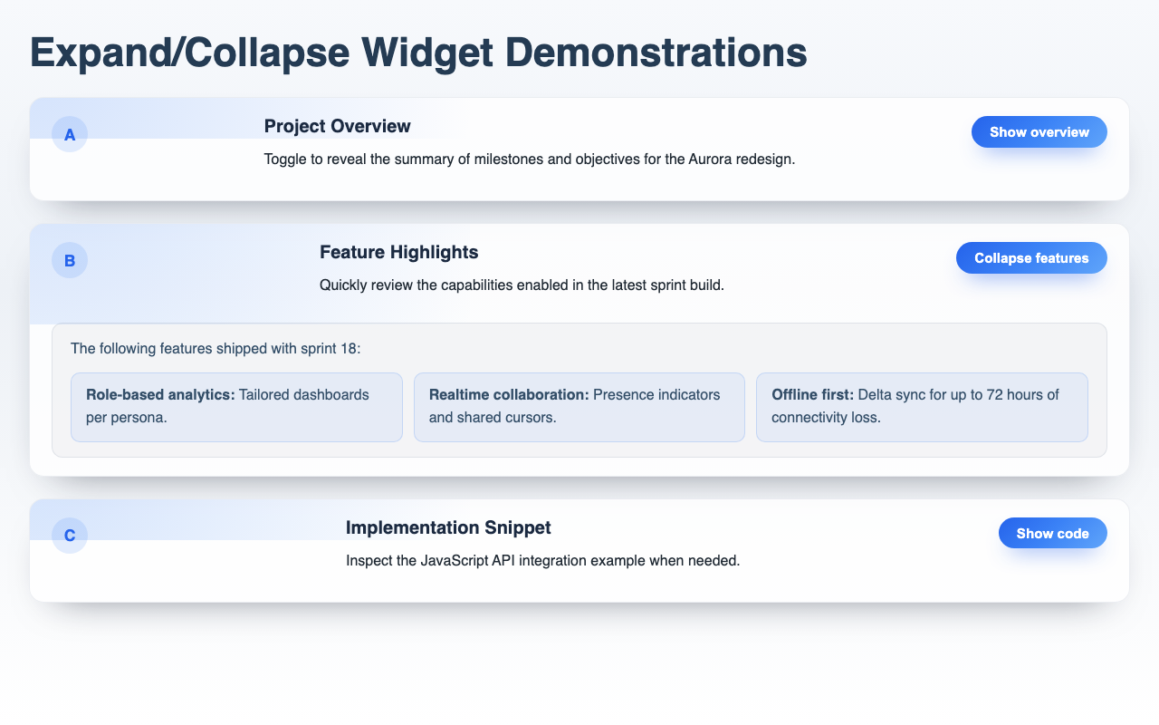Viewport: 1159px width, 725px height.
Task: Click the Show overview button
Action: [x=1039, y=132]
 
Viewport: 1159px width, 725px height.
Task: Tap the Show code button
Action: [x=1052, y=534]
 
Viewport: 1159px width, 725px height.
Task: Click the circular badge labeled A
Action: [x=70, y=135]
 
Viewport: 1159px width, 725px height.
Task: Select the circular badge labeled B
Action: [x=70, y=261]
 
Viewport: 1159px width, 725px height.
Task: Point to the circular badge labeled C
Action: [x=70, y=535]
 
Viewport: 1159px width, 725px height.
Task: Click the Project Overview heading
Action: [x=337, y=126]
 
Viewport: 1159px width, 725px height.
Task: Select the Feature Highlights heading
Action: [x=398, y=251]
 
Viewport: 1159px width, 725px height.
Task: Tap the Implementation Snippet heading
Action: [x=447, y=527]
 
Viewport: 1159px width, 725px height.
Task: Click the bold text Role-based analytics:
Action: [x=160, y=395]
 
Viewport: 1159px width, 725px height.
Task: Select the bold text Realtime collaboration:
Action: [x=509, y=395]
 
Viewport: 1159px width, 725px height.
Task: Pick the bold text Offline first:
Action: [x=812, y=395]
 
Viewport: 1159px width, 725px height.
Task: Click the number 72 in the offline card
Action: [x=982, y=395]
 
